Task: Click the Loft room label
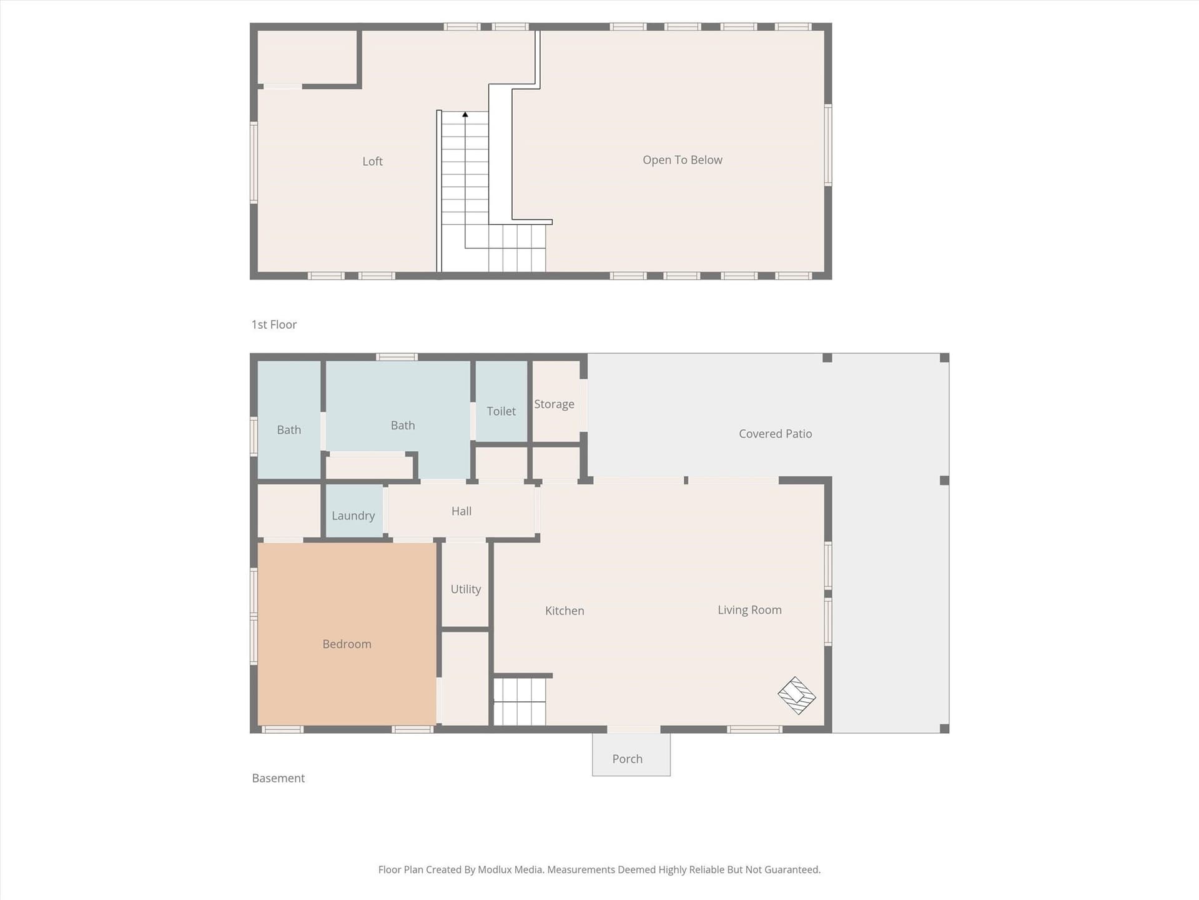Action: (x=372, y=161)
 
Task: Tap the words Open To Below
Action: (x=683, y=160)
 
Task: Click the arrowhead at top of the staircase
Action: (x=465, y=114)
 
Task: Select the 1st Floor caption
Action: (x=274, y=324)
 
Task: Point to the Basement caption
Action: (x=279, y=778)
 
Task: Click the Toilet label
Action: (x=501, y=411)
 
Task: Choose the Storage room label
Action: (x=554, y=404)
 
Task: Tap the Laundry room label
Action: (x=353, y=516)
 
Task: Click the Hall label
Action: (x=461, y=511)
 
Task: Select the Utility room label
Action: (x=466, y=589)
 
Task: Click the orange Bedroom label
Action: (x=347, y=644)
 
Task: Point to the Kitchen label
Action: (x=565, y=611)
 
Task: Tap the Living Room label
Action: (x=749, y=610)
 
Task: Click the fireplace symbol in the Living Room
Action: (x=797, y=696)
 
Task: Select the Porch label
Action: (x=628, y=759)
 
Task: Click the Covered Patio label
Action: (x=776, y=434)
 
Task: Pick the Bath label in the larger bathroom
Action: (x=403, y=426)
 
